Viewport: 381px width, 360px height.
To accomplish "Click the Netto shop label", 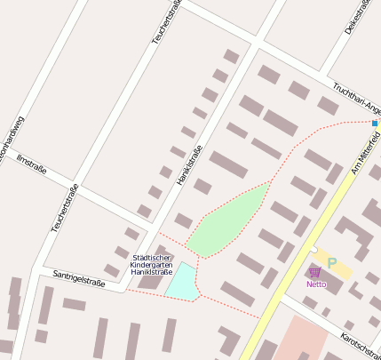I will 316,284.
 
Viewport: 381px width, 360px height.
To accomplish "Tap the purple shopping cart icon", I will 314,272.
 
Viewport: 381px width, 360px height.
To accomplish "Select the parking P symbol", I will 332,263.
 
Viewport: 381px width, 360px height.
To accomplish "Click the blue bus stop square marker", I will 375,123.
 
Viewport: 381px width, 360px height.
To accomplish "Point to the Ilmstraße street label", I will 31,164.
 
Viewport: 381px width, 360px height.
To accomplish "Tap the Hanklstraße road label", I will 184,165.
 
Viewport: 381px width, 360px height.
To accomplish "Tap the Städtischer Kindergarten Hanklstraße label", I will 151,265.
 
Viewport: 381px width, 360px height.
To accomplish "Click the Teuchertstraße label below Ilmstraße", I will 65,208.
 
